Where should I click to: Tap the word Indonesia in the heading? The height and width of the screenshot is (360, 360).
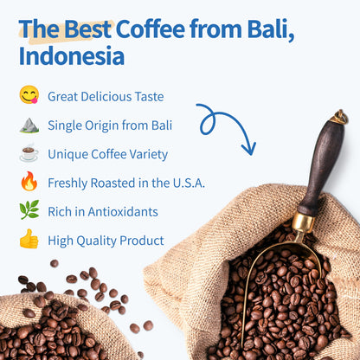71,58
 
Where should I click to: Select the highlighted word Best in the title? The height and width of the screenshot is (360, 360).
85,29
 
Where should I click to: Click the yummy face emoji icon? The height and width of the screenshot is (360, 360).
29,95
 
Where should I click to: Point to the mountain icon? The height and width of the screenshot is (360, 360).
29,125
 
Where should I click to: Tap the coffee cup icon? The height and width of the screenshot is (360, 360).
29,154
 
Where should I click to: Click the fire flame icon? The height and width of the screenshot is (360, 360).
29,183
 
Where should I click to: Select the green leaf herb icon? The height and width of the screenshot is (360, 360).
29,211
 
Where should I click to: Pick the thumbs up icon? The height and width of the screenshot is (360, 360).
29,240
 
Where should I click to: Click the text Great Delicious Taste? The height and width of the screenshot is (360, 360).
106,96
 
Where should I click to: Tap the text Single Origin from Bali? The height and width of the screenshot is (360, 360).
110,125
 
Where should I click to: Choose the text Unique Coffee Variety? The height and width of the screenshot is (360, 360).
107,154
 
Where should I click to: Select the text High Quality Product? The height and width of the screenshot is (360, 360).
106,241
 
